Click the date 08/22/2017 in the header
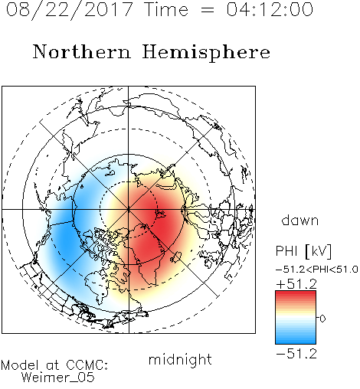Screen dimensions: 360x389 pos(69,10)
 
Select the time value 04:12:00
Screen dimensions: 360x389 pos(270,9)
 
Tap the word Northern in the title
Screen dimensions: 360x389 pos(82,51)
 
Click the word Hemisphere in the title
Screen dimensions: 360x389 pos(206,53)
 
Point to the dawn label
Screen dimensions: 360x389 pos(300,220)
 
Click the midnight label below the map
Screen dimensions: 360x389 pos(180,359)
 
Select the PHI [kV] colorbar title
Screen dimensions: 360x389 pos(303,251)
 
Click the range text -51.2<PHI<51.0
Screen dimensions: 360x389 pos(317,270)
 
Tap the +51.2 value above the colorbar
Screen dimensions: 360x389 pos(296,284)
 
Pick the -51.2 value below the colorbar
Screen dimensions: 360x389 pos(296,354)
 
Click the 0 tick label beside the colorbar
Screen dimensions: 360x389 pos(322,319)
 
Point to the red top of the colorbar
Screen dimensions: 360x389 pos(296,295)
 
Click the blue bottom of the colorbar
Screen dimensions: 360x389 pos(296,339)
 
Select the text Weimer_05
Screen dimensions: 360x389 pos(58,378)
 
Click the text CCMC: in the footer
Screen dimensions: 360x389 pos(87,365)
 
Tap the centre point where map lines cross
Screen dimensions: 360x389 pos(129,209)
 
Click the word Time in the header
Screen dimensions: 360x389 pos(166,9)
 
